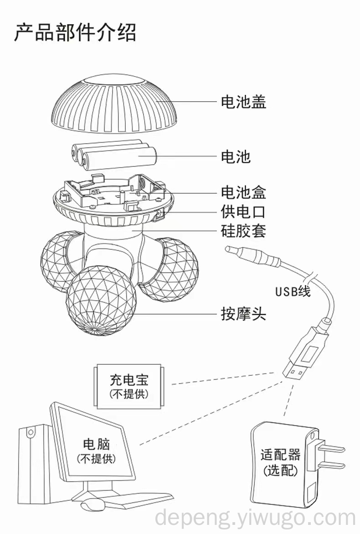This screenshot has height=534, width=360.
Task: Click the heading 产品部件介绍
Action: (x=75, y=33)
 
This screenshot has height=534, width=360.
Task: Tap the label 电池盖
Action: (x=243, y=102)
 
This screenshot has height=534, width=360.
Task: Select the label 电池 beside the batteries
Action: (x=236, y=157)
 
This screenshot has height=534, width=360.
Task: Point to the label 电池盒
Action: (x=243, y=192)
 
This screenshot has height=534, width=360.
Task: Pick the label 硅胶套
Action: (x=243, y=230)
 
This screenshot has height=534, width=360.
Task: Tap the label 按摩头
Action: (x=243, y=314)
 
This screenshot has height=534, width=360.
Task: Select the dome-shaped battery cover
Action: (x=115, y=105)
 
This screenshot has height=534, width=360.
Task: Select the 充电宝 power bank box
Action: (x=129, y=386)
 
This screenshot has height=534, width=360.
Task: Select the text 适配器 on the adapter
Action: (x=280, y=455)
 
